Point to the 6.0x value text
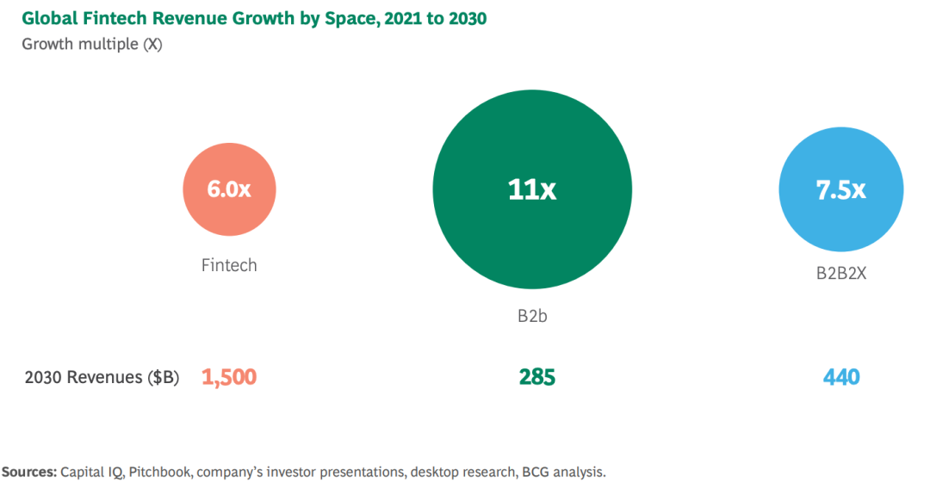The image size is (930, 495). (x=229, y=189)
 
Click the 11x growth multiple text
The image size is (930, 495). (x=531, y=189)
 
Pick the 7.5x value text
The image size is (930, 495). (x=840, y=190)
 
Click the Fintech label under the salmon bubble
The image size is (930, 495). (x=229, y=265)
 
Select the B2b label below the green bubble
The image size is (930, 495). (x=532, y=316)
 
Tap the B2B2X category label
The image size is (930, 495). (x=840, y=273)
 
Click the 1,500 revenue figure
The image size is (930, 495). (x=229, y=377)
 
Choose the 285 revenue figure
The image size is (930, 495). (x=537, y=377)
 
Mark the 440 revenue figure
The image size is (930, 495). (x=840, y=377)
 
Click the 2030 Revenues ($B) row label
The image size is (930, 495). (x=102, y=377)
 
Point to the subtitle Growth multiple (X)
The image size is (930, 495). (x=91, y=44)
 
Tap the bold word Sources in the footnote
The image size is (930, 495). (x=29, y=472)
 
